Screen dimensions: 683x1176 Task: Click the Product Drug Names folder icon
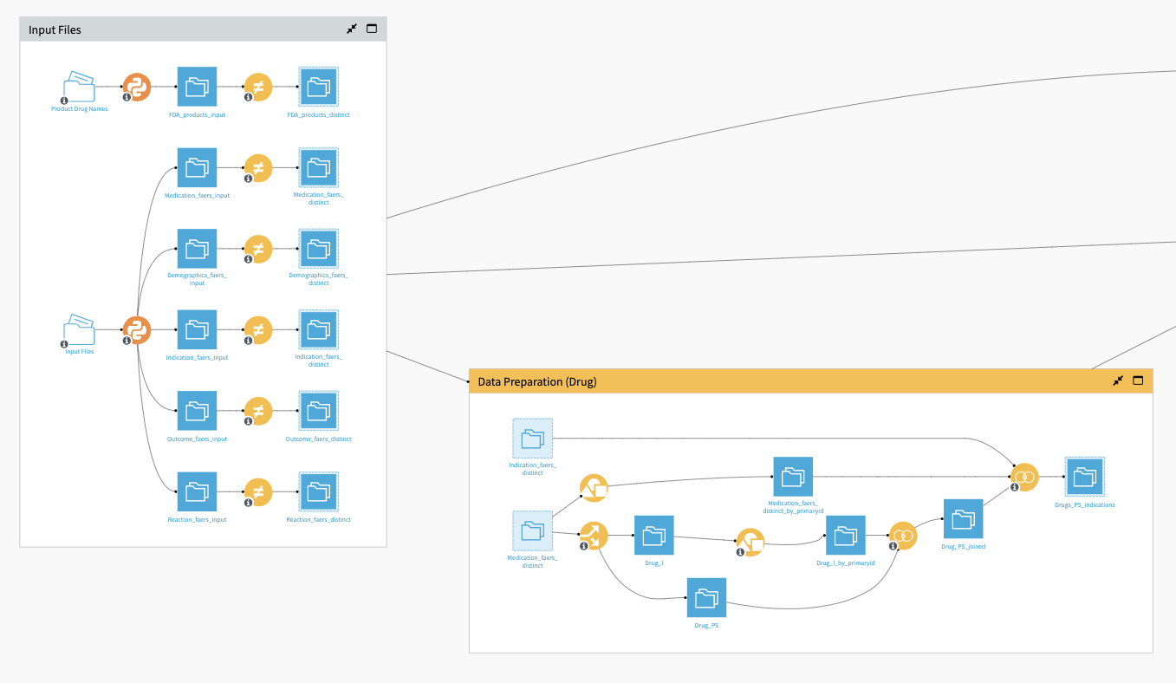coord(79,87)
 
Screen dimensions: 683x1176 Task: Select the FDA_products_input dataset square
coord(197,87)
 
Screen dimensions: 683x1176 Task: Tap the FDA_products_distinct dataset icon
coord(318,87)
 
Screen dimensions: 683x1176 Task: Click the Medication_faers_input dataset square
coord(197,167)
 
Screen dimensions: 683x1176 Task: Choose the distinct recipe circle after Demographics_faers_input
coord(257,249)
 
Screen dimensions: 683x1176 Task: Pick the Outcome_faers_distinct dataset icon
coord(318,411)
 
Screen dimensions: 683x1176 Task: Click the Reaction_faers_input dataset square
coord(197,491)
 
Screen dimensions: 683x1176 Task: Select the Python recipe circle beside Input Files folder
coord(137,329)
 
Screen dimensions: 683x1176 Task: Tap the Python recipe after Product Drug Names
coord(137,87)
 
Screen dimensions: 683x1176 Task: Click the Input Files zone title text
coord(55,29)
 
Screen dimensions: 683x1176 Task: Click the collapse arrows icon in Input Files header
coord(352,29)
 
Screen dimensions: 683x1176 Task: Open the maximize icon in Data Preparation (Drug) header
coord(1138,381)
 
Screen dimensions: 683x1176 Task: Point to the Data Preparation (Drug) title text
coord(537,381)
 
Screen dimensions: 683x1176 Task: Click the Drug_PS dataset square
coord(706,597)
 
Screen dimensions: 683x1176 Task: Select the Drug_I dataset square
coord(654,536)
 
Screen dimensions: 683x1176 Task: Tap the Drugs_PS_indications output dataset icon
coord(1085,477)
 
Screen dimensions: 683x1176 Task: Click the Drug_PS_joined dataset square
coord(963,519)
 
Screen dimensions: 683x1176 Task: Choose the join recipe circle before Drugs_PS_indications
coord(1024,477)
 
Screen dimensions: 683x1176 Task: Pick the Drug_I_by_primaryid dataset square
coord(845,536)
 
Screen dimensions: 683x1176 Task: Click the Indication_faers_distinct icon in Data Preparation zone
coord(532,438)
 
